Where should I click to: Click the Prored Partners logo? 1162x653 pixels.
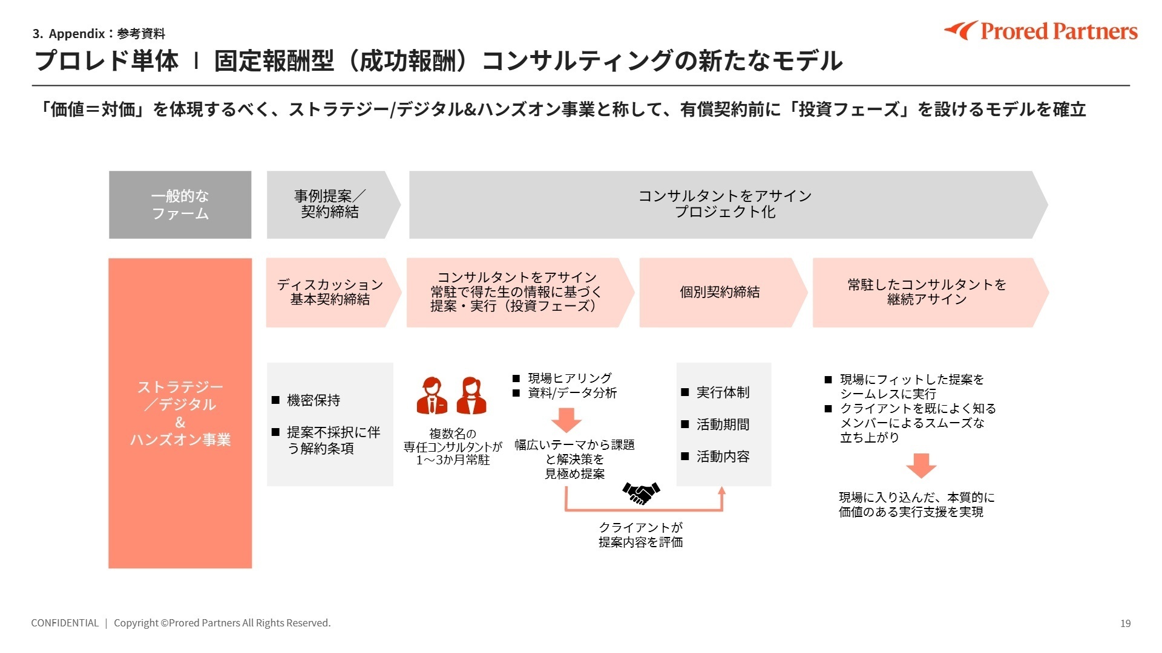point(1041,31)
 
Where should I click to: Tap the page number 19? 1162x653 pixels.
point(1125,623)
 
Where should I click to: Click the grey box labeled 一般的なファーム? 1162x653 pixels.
point(180,204)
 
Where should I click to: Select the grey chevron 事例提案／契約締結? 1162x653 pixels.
point(330,204)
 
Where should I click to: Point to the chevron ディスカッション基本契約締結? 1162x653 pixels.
point(330,293)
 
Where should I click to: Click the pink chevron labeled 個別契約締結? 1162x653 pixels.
point(720,293)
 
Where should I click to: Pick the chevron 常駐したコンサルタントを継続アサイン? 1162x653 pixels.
point(927,293)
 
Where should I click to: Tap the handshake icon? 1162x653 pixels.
point(641,493)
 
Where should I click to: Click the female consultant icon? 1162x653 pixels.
point(471,396)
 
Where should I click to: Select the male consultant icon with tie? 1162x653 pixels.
point(432,396)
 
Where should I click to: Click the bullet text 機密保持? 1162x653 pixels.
point(313,400)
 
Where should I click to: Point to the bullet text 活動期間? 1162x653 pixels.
point(723,424)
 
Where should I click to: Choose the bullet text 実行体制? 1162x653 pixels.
point(723,392)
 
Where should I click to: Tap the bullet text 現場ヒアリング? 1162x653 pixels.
point(570,378)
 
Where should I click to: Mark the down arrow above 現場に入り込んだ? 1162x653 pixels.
point(921,466)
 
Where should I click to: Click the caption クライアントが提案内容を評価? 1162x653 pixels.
point(641,535)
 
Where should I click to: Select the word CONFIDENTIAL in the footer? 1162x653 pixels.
point(65,623)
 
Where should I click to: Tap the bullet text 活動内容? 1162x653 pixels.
point(723,456)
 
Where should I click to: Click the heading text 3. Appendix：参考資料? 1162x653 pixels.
point(99,34)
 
